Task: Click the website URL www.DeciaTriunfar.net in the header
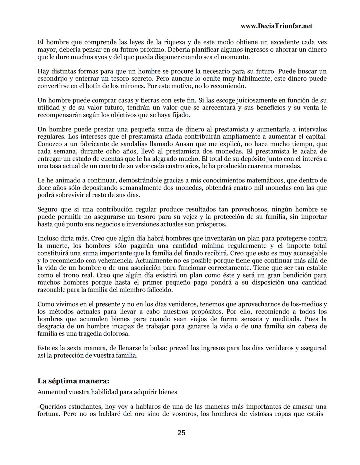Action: (x=276, y=26)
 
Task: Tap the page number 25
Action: (x=181, y=433)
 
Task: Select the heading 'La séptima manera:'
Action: (x=73, y=381)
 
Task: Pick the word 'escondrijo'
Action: (x=52, y=79)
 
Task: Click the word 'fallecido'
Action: (x=159, y=290)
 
